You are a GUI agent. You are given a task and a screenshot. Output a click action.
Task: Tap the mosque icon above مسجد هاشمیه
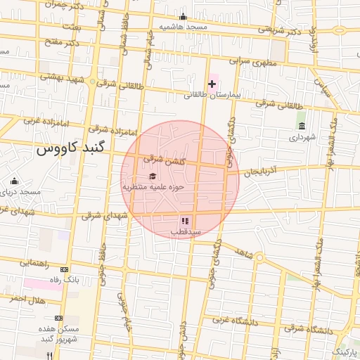pyautogui.click(x=184, y=17)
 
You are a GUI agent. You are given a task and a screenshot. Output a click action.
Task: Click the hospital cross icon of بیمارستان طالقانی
pyautogui.click(x=212, y=84)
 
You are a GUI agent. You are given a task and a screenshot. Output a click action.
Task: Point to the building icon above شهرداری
pyautogui.click(x=301, y=126)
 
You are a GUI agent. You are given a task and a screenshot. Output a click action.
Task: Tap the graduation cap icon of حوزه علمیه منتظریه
pyautogui.click(x=153, y=176)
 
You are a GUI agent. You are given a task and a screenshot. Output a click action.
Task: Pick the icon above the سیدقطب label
pyautogui.click(x=185, y=221)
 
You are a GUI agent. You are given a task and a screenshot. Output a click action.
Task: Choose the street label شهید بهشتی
pyautogui.click(x=59, y=76)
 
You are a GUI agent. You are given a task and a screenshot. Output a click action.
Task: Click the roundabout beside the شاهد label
pyautogui.click(x=259, y=259)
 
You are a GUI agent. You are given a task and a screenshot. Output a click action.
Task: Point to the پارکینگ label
pyautogui.click(x=345, y=349)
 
